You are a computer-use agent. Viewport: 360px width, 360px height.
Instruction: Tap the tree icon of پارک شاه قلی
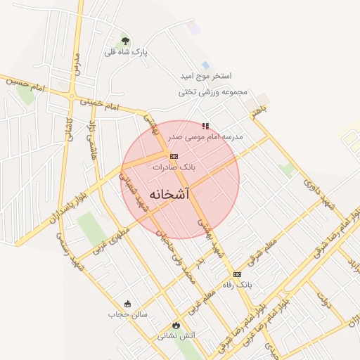(126, 41)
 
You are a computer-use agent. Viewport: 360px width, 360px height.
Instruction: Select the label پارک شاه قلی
(123, 52)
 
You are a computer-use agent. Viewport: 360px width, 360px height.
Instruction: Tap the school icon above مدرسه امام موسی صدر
(205, 126)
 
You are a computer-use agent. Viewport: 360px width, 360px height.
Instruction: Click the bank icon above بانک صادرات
(174, 156)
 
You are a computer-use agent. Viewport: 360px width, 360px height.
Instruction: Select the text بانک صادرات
(174, 168)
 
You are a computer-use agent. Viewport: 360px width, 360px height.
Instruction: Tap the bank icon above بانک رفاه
(237, 274)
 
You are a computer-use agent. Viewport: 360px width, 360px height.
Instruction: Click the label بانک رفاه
(237, 285)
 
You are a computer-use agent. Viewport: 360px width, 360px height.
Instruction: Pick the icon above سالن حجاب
(127, 304)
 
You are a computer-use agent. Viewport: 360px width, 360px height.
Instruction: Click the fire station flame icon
(176, 326)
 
